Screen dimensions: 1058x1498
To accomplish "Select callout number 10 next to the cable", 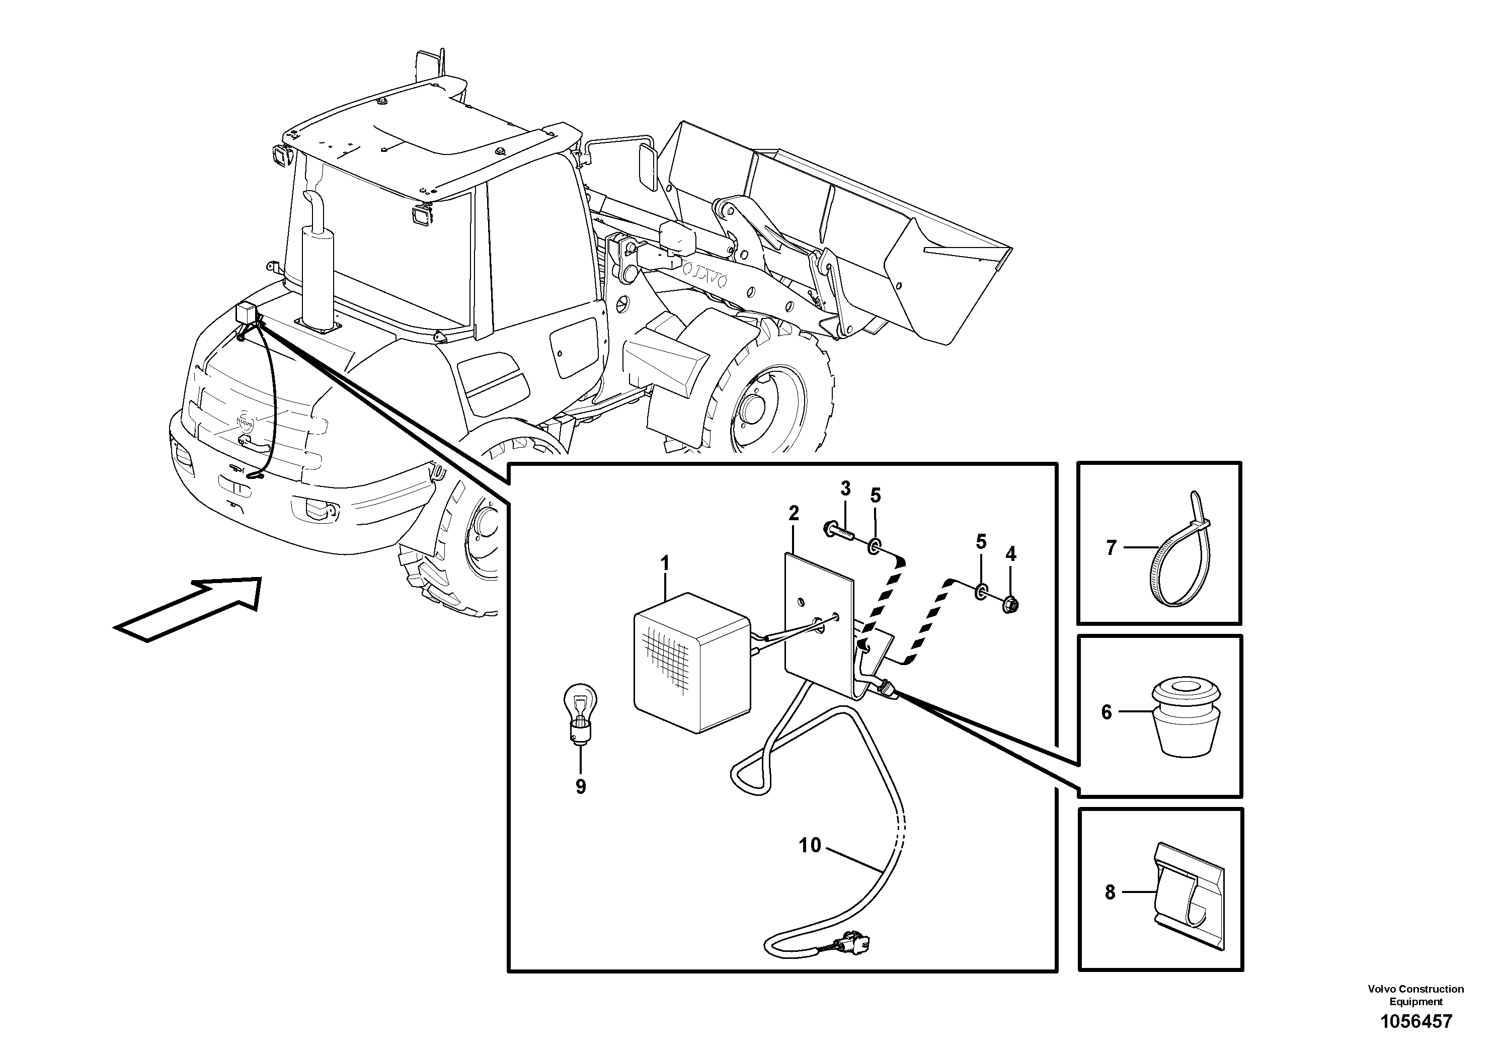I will pyautogui.click(x=810, y=845).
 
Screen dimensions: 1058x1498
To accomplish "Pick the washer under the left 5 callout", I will pyautogui.click(x=874, y=545).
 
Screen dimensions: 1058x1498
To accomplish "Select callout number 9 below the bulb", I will pyautogui.click(x=581, y=787).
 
